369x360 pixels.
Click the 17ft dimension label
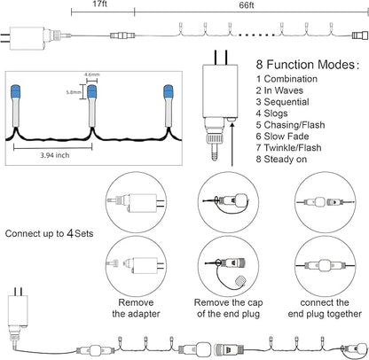100,4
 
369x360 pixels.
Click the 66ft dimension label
247,5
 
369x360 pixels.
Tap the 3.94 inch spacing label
55,155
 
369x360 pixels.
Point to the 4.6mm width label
91,74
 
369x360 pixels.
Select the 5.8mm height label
74,92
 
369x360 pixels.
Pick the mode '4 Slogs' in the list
271,113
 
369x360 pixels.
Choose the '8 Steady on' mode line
281,160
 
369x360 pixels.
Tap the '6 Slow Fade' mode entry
282,137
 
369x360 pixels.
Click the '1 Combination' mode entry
287,79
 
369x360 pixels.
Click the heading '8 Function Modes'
307,65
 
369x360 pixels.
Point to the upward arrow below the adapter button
232,145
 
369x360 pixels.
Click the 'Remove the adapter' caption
136,308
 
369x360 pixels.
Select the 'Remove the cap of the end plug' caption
228,308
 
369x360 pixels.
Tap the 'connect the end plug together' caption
325,308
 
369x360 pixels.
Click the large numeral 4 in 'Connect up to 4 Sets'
70,233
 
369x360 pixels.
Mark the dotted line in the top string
256,35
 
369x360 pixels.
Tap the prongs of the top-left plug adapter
5,38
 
